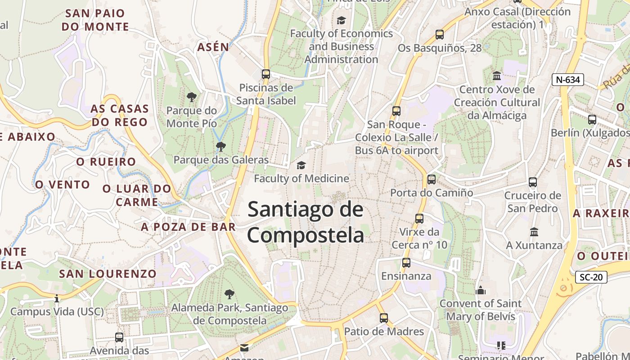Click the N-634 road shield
point(568,80)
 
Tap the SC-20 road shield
point(591,277)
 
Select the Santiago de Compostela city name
point(306,222)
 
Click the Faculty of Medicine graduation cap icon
point(301,166)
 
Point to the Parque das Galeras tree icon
point(220,146)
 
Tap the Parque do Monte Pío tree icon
point(192,97)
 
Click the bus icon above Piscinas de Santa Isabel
point(266,74)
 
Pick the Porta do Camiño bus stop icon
point(432,180)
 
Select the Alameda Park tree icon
point(229,294)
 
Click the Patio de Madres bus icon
point(384,318)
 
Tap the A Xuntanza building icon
point(534,232)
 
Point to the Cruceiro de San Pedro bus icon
point(533,182)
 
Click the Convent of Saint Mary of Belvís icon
point(481,290)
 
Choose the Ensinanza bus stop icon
point(406,263)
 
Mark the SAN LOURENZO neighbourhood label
point(108,274)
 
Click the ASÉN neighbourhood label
point(213,47)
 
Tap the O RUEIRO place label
point(106,162)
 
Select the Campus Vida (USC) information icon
point(57,298)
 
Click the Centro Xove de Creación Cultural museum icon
point(497,76)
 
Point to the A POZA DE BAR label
point(189,227)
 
